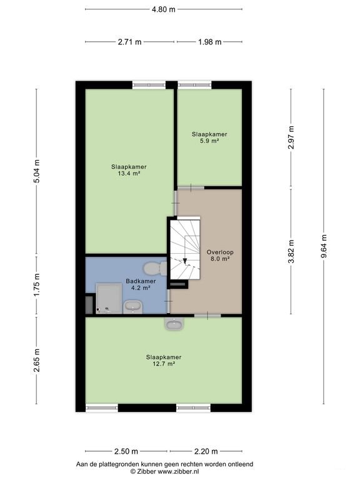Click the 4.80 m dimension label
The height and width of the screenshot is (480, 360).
(164, 9)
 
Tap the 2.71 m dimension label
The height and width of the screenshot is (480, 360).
(129, 42)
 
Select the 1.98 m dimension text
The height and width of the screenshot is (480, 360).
(210, 42)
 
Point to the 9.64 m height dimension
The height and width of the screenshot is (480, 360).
(324, 246)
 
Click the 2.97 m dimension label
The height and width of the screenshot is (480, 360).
(291, 137)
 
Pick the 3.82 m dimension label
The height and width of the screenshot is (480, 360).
(291, 251)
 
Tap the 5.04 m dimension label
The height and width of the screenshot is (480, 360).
(36, 171)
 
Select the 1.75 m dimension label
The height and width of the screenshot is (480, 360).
(36, 285)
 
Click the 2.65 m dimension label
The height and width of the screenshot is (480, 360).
(36, 360)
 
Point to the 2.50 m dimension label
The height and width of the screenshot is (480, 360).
(126, 451)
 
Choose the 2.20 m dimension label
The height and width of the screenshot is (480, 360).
(206, 451)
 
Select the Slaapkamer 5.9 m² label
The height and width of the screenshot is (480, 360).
(209, 137)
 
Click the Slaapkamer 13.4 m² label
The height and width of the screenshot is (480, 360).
(129, 170)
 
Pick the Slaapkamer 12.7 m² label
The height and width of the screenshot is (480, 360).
(164, 360)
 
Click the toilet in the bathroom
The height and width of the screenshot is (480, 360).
(155, 269)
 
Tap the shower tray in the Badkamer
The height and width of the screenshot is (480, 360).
(109, 299)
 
